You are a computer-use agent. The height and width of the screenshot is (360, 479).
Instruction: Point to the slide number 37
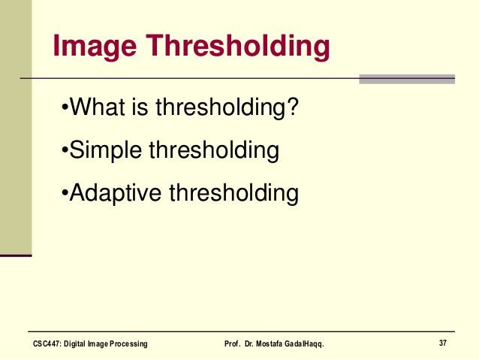(443, 343)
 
